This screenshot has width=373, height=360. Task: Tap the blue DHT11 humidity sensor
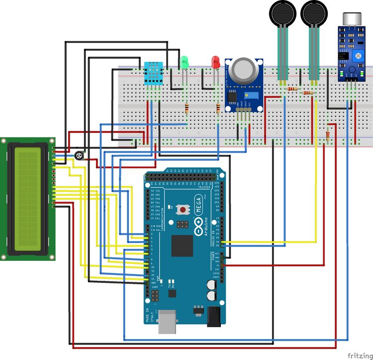153,73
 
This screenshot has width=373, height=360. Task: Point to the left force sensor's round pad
282,12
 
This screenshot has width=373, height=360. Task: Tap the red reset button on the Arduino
184,210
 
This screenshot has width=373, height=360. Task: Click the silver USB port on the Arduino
168,322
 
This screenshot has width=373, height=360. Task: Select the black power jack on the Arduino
214,316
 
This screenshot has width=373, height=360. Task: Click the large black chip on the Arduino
182,245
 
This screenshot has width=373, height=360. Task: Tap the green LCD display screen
28,198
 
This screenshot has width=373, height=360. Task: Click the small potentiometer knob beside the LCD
79,156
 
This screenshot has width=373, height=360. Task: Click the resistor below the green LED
186,109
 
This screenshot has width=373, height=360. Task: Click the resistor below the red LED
218,109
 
